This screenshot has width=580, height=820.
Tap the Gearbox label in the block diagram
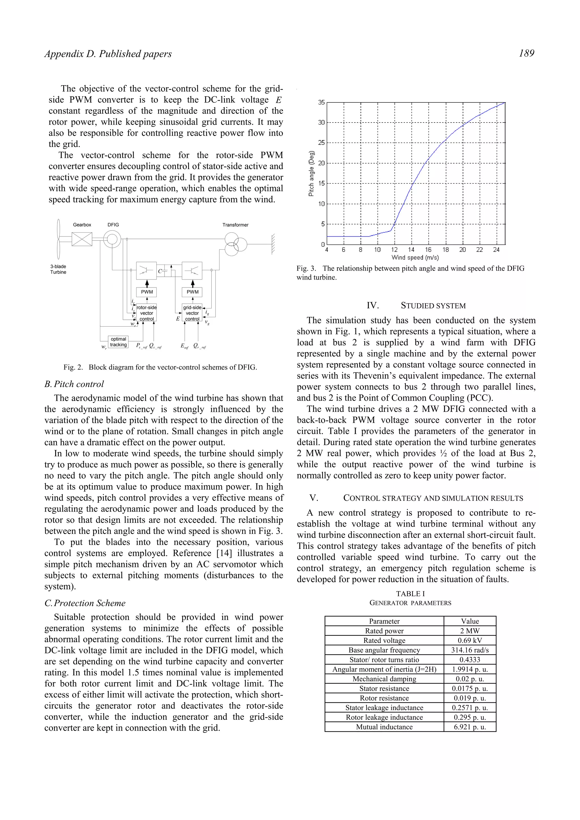click(x=82, y=225)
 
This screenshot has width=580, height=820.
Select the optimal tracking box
click(x=118, y=342)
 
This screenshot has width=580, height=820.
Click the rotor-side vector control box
click(x=146, y=313)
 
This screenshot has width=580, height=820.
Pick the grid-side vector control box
click(x=192, y=313)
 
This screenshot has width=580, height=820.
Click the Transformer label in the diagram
click(x=235, y=225)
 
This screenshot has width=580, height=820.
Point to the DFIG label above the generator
click(x=113, y=225)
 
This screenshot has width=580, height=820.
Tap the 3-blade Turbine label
click(x=58, y=269)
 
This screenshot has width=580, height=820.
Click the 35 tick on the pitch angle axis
click(x=321, y=102)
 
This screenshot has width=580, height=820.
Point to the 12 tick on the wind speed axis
click(x=394, y=250)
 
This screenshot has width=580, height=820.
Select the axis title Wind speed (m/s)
click(x=415, y=257)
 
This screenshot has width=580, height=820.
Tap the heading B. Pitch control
click(x=74, y=384)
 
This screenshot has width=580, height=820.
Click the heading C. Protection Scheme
click(x=85, y=603)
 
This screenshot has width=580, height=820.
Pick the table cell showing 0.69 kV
click(x=470, y=641)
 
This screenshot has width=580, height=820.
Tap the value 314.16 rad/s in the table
click(x=470, y=650)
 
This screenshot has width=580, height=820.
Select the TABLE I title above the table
click(x=410, y=594)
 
